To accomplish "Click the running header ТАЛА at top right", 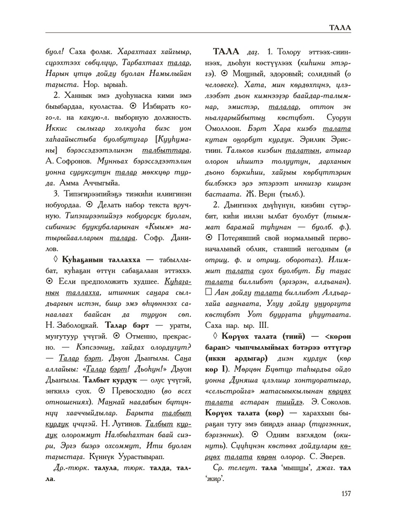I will pos(340,28).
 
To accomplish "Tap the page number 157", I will pos(346,493).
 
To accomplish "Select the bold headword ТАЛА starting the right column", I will pos(225,52).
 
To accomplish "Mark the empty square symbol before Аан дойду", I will pos(209,292).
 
